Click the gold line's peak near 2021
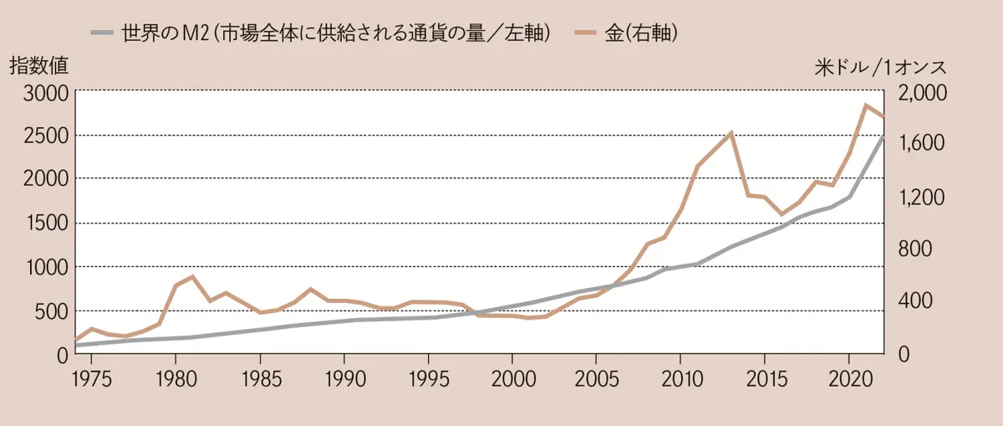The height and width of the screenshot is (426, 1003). pos(866,105)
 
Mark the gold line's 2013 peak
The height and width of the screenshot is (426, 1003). pos(731,132)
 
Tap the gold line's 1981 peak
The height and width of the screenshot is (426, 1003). pos(192,276)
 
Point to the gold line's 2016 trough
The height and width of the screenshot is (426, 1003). pos(782,215)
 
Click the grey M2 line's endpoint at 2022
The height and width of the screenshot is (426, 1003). pos(883,136)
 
